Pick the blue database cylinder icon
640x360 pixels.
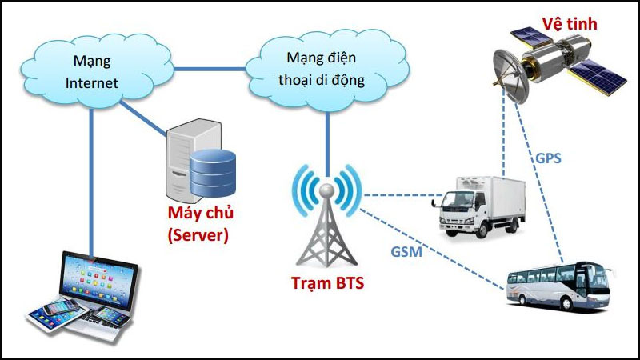tap(214, 170)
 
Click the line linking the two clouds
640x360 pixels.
tap(212, 69)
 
